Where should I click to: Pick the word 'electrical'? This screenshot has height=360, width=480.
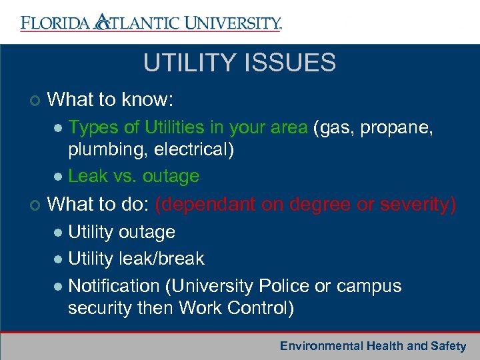coord(194,150)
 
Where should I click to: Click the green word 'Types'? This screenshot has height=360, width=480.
coord(91,127)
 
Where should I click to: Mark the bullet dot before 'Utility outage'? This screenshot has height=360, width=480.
coord(58,233)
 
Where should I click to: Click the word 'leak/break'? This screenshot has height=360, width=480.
coord(164,259)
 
